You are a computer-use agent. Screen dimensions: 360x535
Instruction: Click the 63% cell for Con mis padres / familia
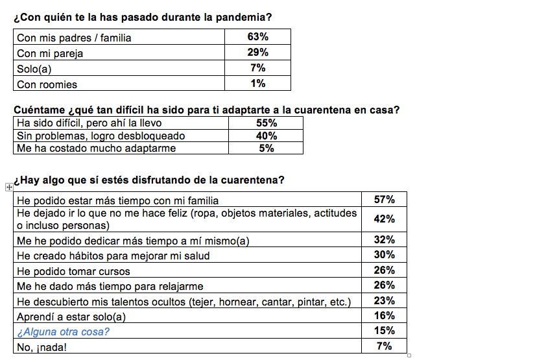pyautogui.click(x=257, y=37)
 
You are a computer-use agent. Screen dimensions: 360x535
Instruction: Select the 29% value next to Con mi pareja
pyautogui.click(x=257, y=53)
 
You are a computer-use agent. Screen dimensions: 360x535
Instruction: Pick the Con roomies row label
pyautogui.click(x=47, y=84)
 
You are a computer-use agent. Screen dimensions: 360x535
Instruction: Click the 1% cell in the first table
pyautogui.click(x=257, y=83)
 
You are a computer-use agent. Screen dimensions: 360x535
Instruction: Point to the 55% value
pyautogui.click(x=267, y=123)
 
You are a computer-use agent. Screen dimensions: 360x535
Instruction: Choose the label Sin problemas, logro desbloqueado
pyautogui.click(x=101, y=136)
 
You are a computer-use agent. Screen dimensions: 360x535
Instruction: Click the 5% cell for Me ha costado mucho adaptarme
pyautogui.click(x=267, y=148)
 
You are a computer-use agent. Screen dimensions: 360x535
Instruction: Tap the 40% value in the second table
pyautogui.click(x=267, y=136)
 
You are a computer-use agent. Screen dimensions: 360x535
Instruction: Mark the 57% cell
pyautogui.click(x=385, y=200)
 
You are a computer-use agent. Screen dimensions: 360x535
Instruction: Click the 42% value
pyautogui.click(x=385, y=219)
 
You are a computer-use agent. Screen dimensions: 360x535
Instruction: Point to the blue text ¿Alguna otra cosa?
pyautogui.click(x=63, y=331)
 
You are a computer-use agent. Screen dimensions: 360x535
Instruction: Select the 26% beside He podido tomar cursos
pyautogui.click(x=385, y=270)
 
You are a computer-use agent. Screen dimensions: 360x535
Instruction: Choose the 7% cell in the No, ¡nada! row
pyautogui.click(x=385, y=346)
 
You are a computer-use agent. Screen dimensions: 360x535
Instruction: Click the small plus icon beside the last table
pyautogui.click(x=8, y=187)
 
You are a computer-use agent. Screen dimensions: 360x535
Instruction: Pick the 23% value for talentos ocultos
pyautogui.click(x=385, y=301)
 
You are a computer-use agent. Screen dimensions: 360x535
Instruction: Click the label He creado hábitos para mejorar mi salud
pyautogui.click(x=113, y=256)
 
